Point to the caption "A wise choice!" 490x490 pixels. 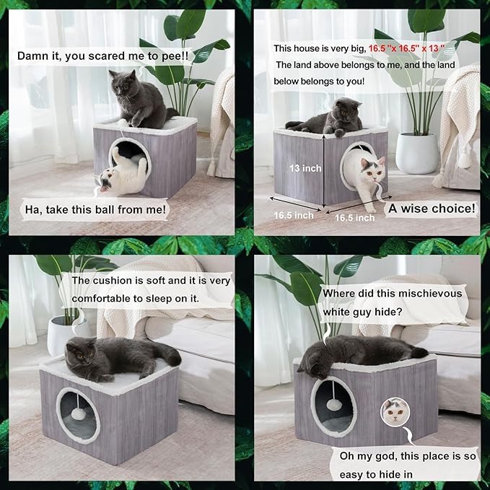(x=432, y=209)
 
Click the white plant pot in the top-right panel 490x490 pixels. (x=417, y=153)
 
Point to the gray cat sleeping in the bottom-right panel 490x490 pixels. (x=361, y=352)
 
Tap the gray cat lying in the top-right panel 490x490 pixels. (x=328, y=118)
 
